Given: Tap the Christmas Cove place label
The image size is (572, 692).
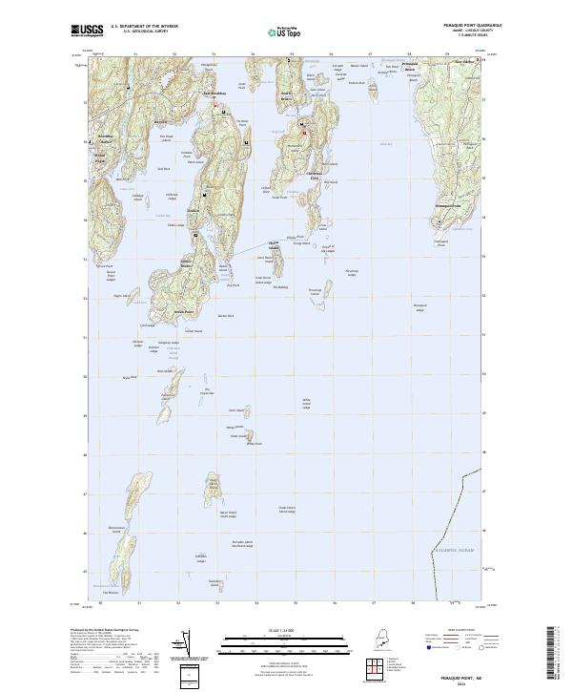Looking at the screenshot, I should (311, 173).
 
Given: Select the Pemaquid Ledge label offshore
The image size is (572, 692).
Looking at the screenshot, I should (419, 306).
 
